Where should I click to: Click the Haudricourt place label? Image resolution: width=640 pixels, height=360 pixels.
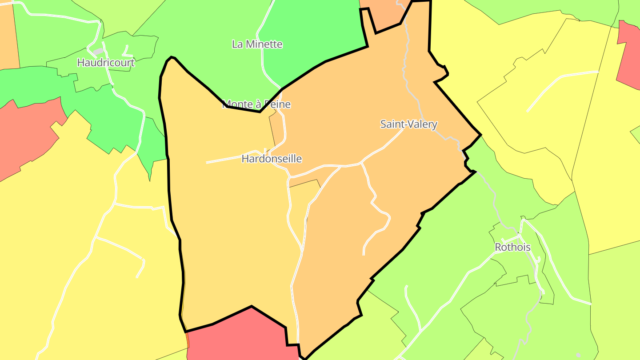(105, 63)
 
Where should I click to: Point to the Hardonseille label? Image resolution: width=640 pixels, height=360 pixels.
(271, 159)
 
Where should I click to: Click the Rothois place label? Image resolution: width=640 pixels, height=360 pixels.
(512, 248)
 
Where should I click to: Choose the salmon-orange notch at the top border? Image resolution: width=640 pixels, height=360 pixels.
(384, 16)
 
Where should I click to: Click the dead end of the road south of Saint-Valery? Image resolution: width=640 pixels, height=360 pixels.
(364, 255)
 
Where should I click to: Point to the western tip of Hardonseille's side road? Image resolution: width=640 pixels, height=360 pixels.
(207, 163)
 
